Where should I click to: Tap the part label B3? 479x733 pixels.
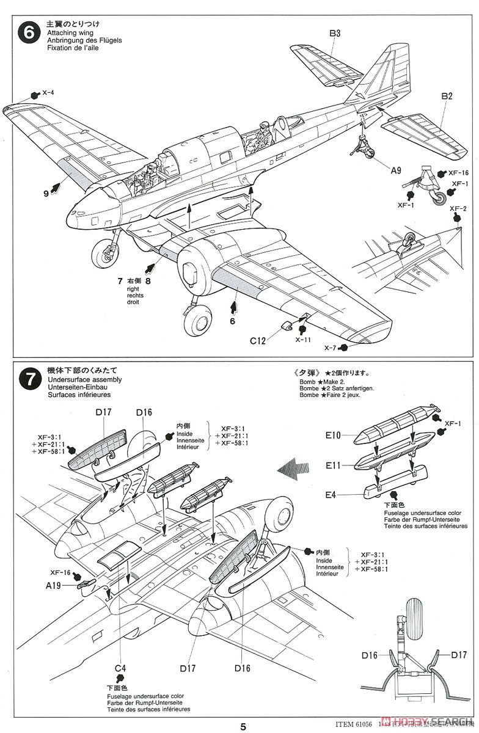tap(335, 34)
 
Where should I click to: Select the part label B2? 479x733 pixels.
tap(447, 96)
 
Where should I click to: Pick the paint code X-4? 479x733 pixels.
tap(48, 93)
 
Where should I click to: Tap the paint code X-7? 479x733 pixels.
tap(330, 348)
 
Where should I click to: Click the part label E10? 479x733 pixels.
tap(334, 436)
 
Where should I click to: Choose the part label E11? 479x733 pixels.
tap(334, 465)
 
